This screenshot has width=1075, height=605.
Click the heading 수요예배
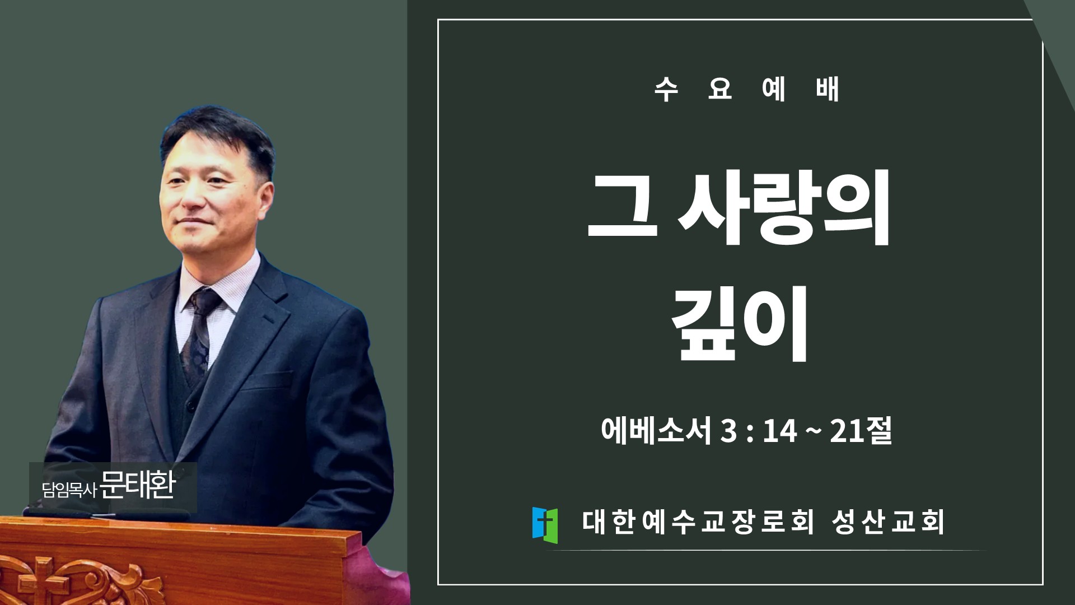[x=747, y=90]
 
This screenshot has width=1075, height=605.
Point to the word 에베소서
[x=656, y=430]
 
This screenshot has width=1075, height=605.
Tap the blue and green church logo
[x=545, y=525]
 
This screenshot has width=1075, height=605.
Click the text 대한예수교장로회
[x=698, y=522]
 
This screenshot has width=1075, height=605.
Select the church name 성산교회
[x=888, y=522]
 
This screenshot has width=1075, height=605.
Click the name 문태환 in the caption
[x=138, y=485]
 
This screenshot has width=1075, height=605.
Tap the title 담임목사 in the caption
[x=69, y=490]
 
